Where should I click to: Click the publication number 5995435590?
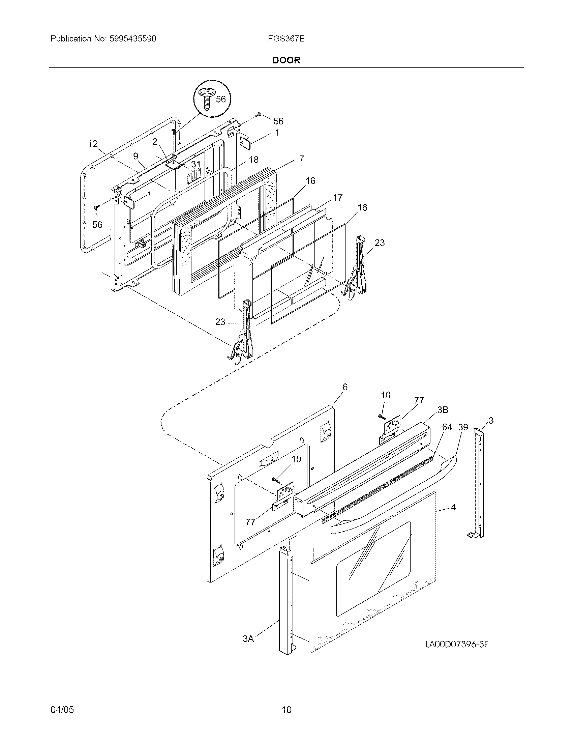133,39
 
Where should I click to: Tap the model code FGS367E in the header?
286,39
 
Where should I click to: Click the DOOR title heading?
286,60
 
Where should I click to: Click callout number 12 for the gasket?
93,144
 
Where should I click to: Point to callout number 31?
195,165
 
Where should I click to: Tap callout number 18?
253,160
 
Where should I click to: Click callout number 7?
301,158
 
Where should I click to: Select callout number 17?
337,197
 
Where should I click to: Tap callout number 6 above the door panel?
345,387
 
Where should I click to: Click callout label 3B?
442,410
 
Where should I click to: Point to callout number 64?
447,427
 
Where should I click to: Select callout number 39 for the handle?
463,427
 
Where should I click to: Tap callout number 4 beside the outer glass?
453,517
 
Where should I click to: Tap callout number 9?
136,156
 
